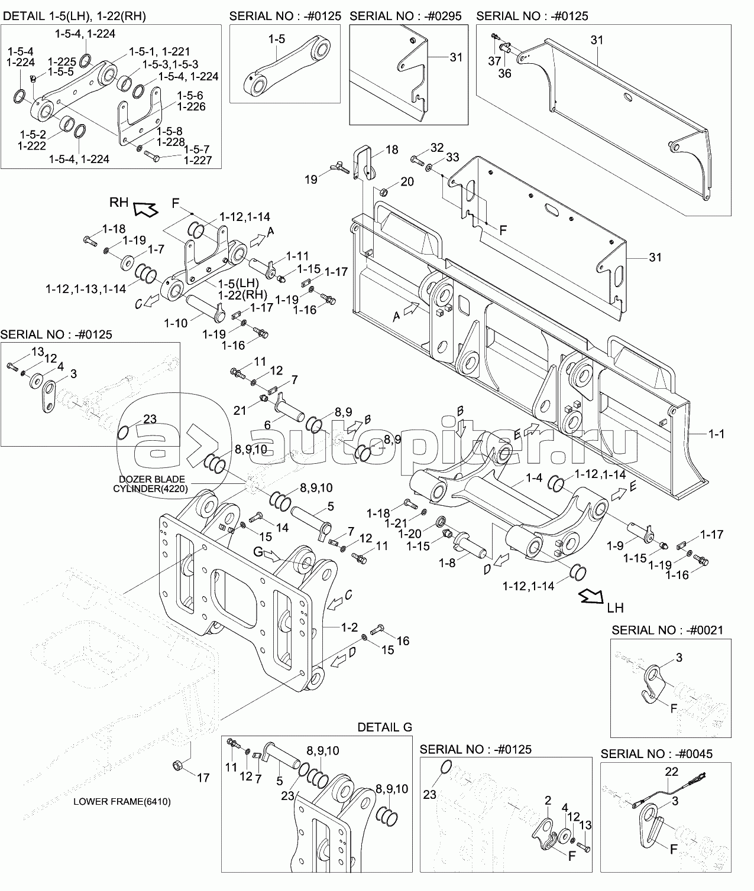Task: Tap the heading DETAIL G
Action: pos(384,727)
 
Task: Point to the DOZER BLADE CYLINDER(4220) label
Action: pos(152,483)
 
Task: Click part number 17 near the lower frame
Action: pos(203,778)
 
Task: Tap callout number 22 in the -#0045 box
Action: pos(671,772)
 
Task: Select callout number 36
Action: pos(504,73)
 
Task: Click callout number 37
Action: pos(494,61)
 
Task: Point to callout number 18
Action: pos(392,150)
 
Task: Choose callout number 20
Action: pos(407,181)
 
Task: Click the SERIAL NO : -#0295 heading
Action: pos(406,16)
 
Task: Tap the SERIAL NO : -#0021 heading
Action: pos(667,630)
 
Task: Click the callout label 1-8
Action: pos(448,563)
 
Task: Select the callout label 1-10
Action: pos(176,323)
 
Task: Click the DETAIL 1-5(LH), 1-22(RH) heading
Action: pos(75,17)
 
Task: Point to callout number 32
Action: pos(436,147)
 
